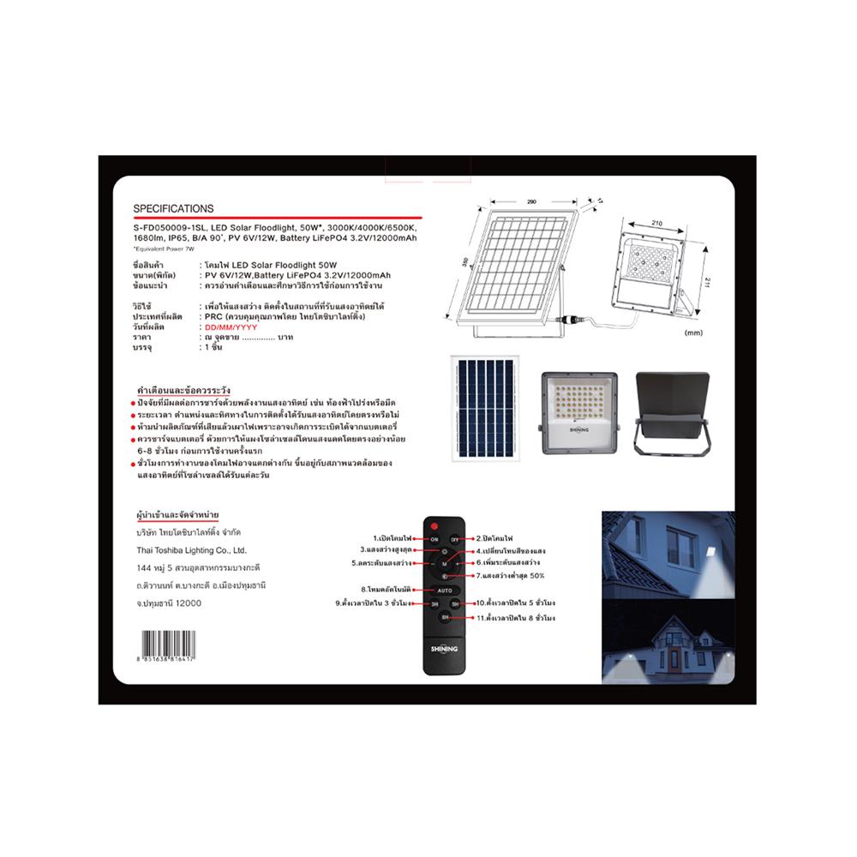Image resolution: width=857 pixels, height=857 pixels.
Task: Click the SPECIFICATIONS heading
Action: [x=174, y=208]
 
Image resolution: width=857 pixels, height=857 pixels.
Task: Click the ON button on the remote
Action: [x=434, y=539]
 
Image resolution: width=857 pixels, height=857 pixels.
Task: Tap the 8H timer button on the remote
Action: [x=446, y=617]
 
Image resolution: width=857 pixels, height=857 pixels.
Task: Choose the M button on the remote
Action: [x=445, y=566]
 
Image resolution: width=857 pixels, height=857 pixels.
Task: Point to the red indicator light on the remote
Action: [x=435, y=524]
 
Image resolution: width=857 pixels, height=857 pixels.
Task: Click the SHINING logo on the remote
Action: [x=445, y=650]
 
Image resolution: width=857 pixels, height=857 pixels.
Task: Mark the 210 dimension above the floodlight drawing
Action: [x=657, y=223]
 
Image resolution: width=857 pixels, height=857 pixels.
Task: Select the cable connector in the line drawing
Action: [x=566, y=319]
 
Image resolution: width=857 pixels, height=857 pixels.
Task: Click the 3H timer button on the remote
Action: [x=434, y=604]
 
